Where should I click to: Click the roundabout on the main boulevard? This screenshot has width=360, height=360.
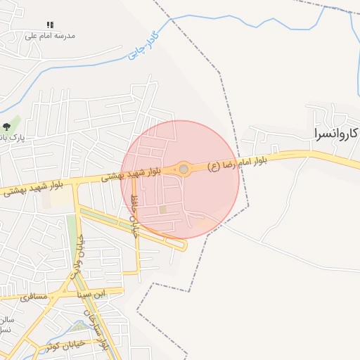[184, 169]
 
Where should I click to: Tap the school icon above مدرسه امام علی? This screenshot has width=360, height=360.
[50, 25]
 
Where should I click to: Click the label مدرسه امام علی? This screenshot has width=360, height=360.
[50, 35]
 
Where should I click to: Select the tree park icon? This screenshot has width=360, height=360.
[6, 127]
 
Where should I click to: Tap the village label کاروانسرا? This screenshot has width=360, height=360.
[334, 132]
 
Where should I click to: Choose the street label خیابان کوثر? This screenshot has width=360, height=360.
[65, 345]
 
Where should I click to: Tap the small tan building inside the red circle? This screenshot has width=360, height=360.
[163, 209]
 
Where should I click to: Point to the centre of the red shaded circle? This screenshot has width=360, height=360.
[180, 180]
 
